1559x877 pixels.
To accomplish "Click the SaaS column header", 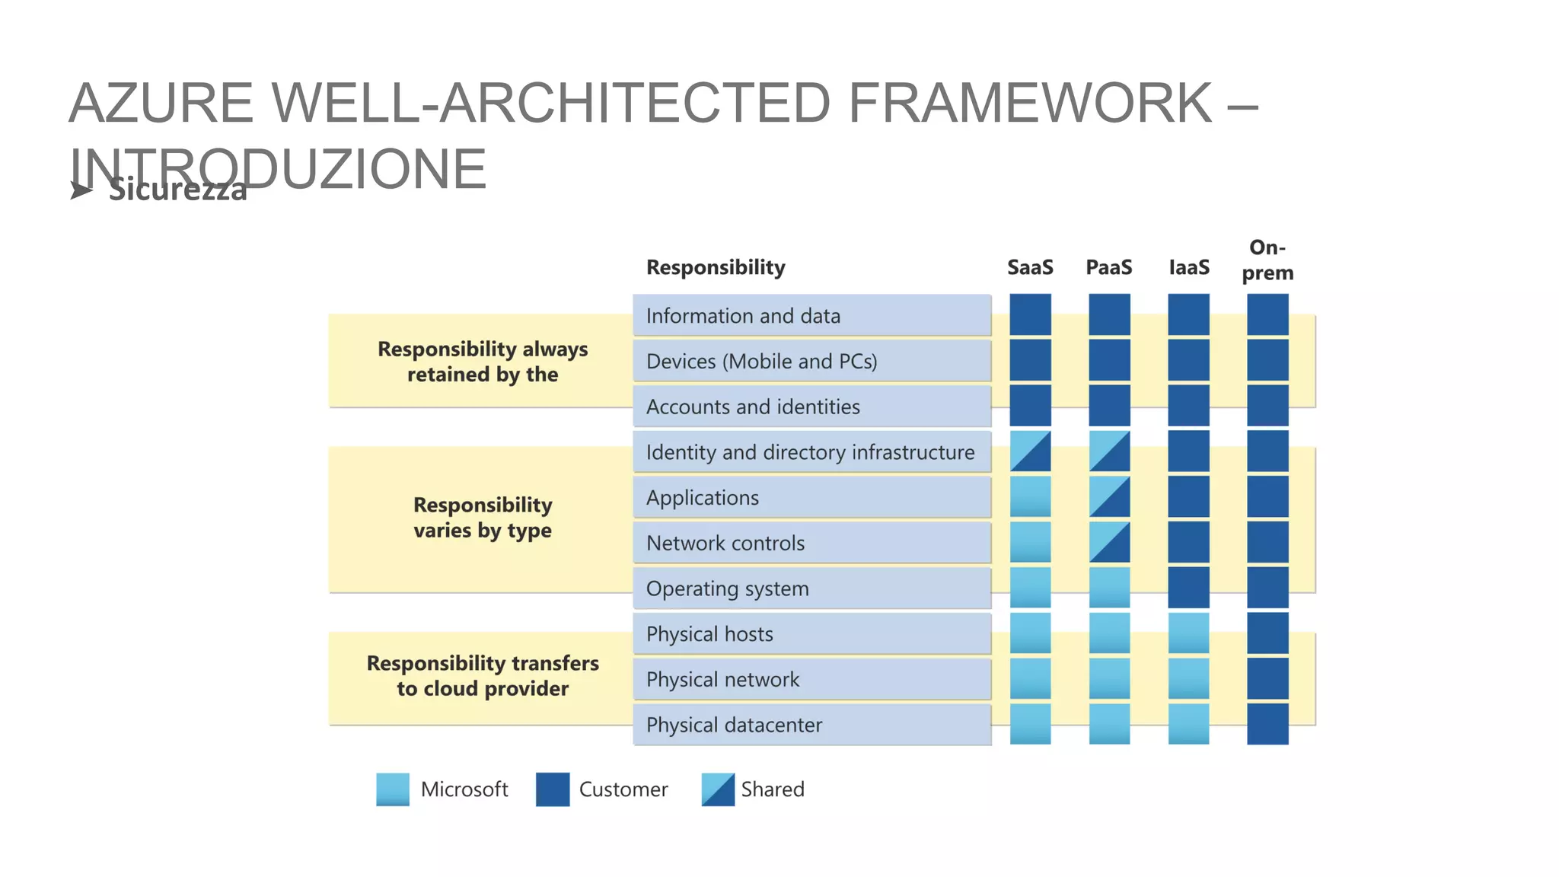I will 1030,267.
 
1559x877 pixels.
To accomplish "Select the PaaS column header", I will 1108,267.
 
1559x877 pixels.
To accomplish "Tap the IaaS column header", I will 1188,267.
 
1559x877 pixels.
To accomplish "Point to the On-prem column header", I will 1267,260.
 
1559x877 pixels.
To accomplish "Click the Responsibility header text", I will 716,267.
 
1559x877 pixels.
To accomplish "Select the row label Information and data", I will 743,316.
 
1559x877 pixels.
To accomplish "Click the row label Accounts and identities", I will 753,407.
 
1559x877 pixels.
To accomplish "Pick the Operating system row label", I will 727,588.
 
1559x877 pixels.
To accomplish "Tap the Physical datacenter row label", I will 734,725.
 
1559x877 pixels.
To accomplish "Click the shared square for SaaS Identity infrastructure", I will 1030,451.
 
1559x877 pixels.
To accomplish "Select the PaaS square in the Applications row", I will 1109,497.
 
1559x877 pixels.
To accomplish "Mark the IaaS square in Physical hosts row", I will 1188,633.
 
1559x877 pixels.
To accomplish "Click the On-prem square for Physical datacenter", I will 1267,724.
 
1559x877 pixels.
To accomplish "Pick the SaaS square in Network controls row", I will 1030,542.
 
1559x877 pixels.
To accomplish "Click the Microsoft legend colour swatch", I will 393,789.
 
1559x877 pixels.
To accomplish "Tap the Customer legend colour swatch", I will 553,789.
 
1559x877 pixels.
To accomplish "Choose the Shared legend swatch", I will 718,789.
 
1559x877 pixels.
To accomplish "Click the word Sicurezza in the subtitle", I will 178,190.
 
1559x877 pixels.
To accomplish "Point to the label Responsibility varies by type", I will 483,518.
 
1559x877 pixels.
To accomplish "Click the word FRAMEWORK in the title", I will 1029,103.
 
